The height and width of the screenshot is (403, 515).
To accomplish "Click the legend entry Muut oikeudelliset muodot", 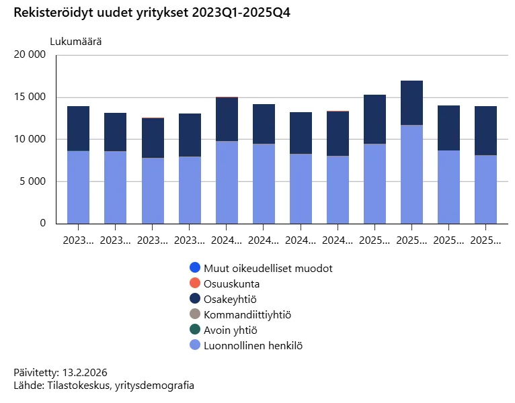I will point(268,268).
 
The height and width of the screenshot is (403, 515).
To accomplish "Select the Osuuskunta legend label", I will point(231,283).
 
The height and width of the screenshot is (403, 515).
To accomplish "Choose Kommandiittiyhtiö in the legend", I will point(247,314).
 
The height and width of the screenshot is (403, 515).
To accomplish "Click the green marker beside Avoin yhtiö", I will point(195,330).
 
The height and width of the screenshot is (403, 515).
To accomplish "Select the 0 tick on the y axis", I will point(42,223).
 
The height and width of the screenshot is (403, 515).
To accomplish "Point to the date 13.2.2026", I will point(85,372).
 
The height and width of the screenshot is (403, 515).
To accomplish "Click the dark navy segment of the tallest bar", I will point(411,103).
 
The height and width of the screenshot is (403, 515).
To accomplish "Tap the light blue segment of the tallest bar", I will point(411,175).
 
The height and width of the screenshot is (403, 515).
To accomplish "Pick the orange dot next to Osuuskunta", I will point(195,283).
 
